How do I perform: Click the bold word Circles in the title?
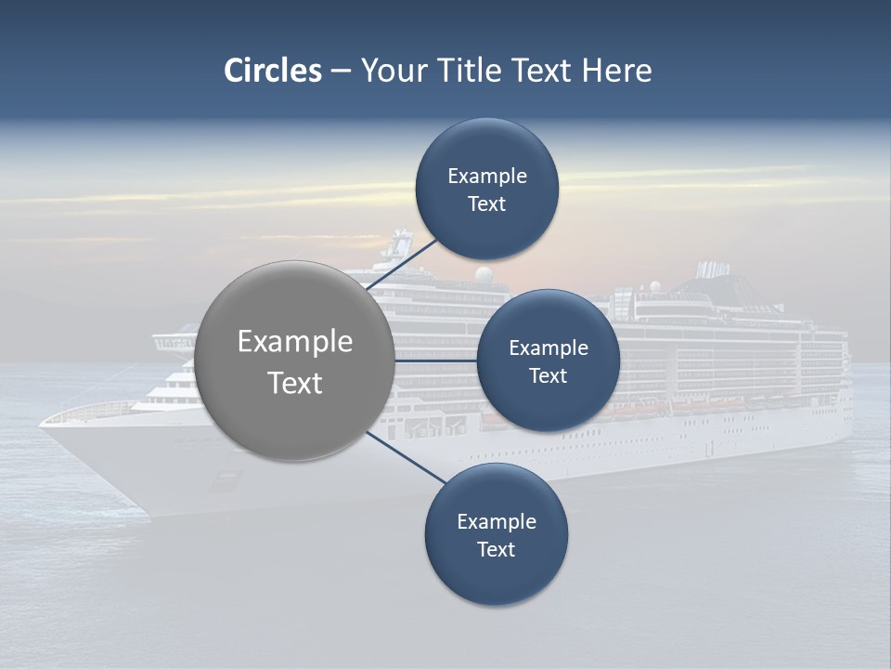tap(272, 71)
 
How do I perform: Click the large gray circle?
tap(295, 409)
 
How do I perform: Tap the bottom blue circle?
tap(496, 576)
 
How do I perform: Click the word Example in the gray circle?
tap(295, 341)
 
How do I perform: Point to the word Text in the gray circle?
tap(295, 383)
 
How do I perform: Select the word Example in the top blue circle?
tap(486, 177)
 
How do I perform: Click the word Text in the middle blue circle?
tap(548, 375)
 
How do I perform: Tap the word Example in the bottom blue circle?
tap(496, 521)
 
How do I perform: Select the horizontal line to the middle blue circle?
tap(436, 361)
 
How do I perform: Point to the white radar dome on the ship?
tap(483, 274)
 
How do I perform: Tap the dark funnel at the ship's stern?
tap(713, 270)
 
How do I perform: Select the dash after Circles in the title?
tap(340, 71)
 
